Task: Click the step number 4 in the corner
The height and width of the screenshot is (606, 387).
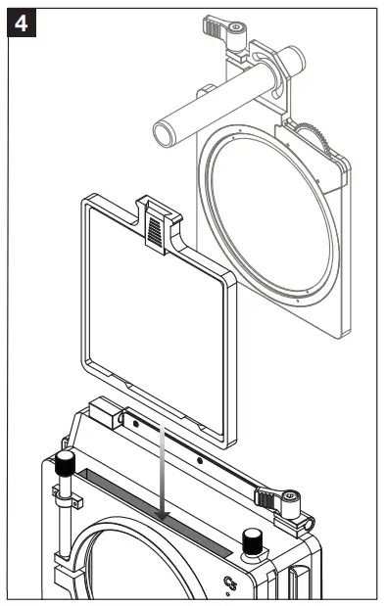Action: (22, 22)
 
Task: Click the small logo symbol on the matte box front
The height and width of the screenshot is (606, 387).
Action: (232, 584)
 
